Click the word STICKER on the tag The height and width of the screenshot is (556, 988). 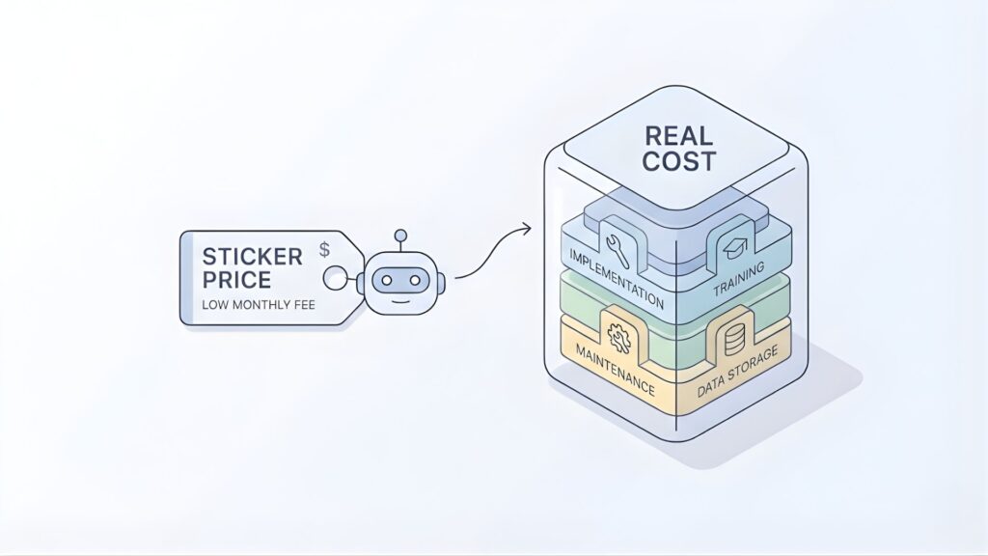(252, 258)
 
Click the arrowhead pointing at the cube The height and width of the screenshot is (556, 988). (525, 229)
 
